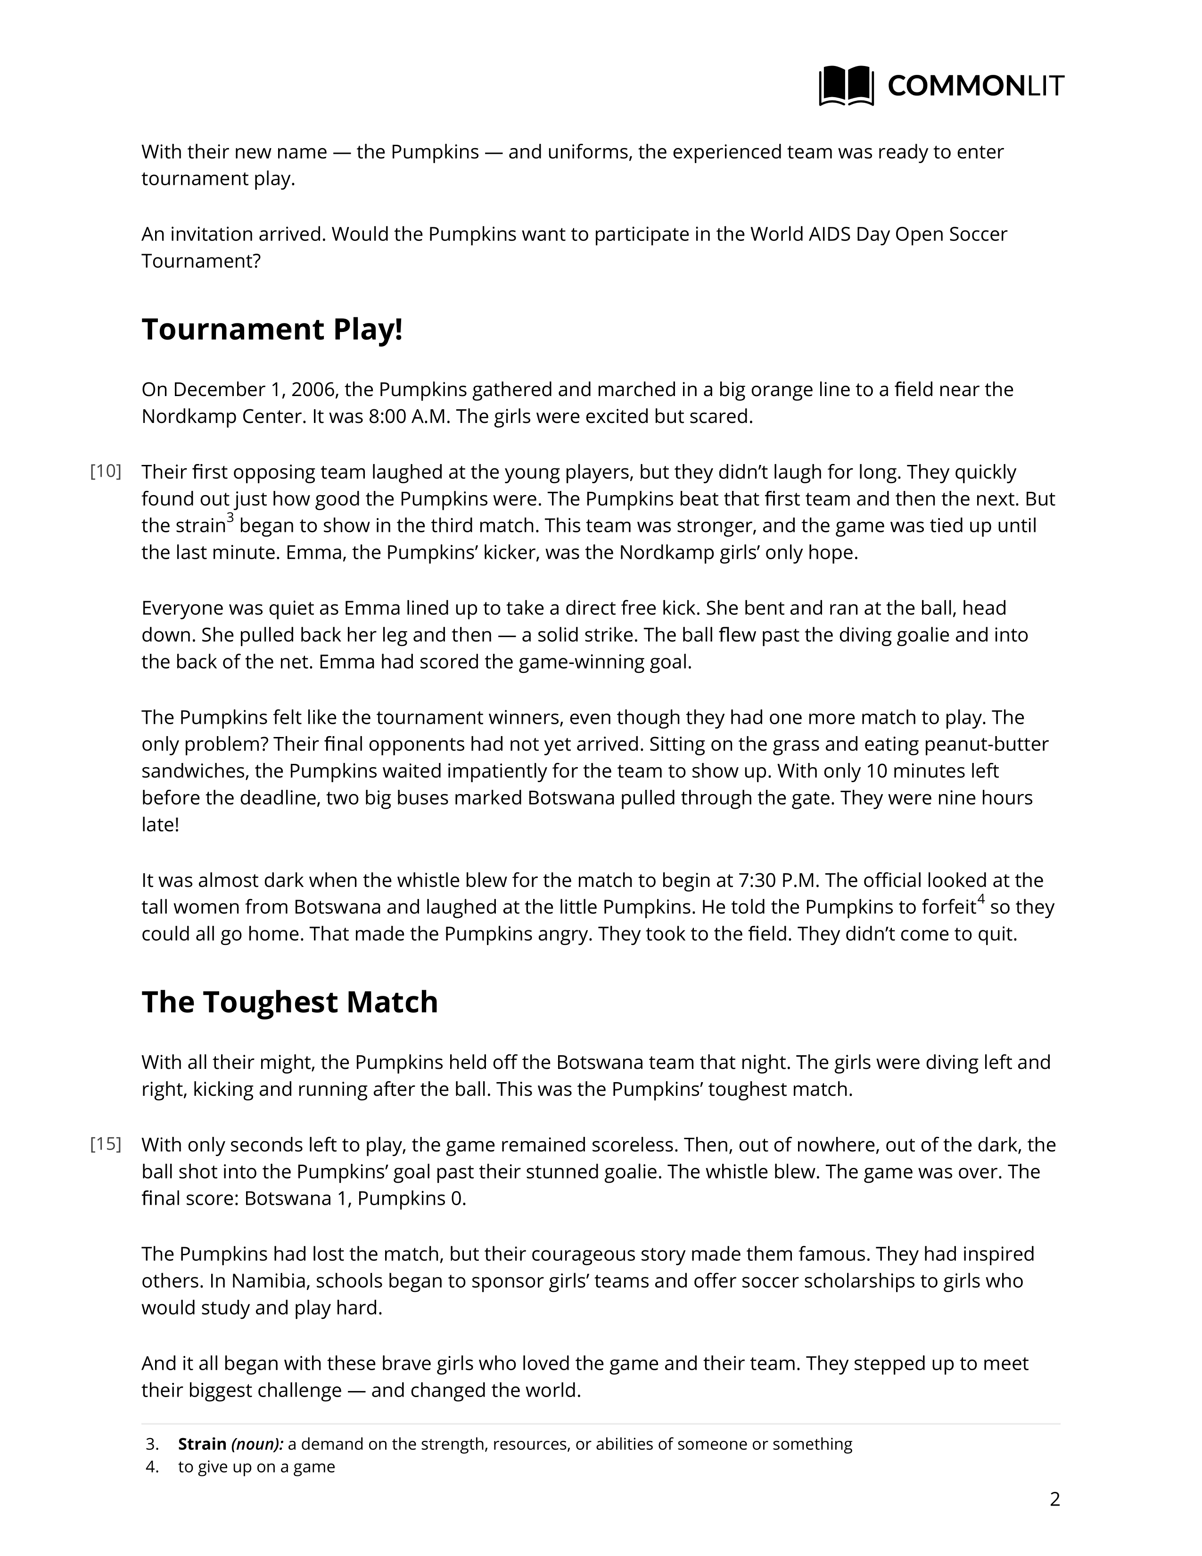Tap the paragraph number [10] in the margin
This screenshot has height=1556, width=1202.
(106, 472)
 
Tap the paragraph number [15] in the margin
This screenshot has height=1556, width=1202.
(106, 1144)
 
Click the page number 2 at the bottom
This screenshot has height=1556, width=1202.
(1054, 1499)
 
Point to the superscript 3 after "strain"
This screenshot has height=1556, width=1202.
(230, 518)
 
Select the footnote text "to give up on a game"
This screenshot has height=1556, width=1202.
(256, 1467)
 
